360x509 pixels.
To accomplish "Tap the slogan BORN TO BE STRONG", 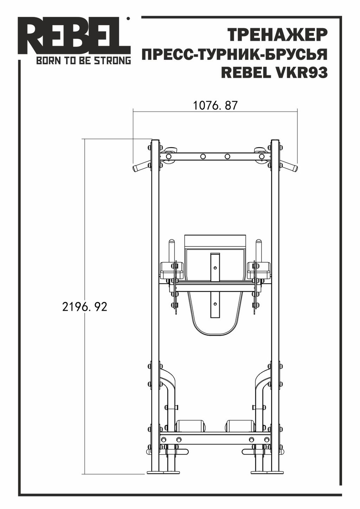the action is pyautogui.click(x=84, y=61).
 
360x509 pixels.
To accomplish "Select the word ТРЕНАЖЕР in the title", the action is pyautogui.click(x=277, y=35).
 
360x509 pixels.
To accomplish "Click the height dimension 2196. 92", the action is pyautogui.click(x=84, y=307).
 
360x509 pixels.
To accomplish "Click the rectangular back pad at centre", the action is pyautogui.click(x=215, y=241).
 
